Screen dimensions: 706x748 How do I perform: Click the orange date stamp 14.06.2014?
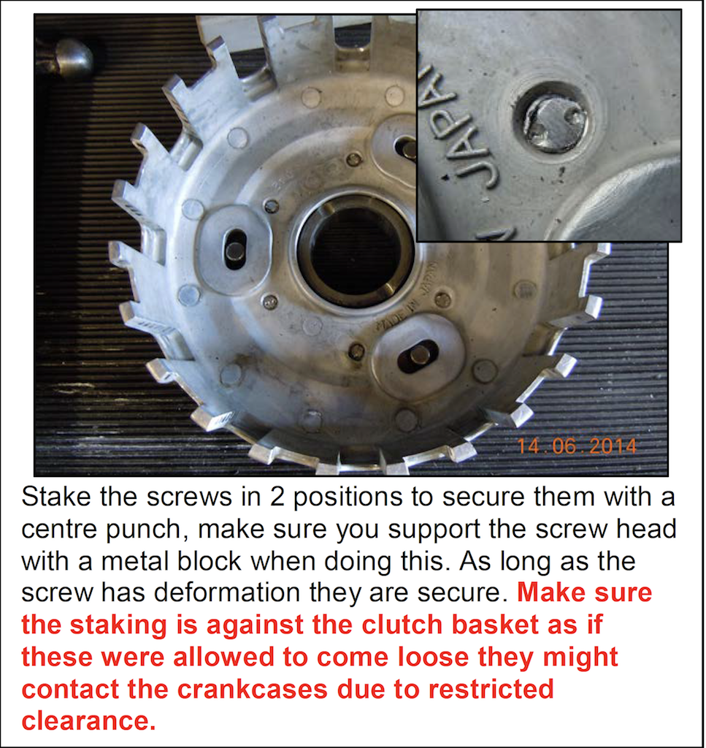point(576,446)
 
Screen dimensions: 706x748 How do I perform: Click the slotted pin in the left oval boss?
point(234,250)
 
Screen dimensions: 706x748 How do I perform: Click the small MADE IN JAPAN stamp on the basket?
point(405,297)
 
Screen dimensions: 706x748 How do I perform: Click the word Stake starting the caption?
point(56,497)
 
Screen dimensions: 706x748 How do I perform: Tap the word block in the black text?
point(210,561)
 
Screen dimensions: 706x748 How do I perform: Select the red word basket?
point(495,625)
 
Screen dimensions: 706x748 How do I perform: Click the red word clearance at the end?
point(88,721)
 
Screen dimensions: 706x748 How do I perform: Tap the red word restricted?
point(491,690)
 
